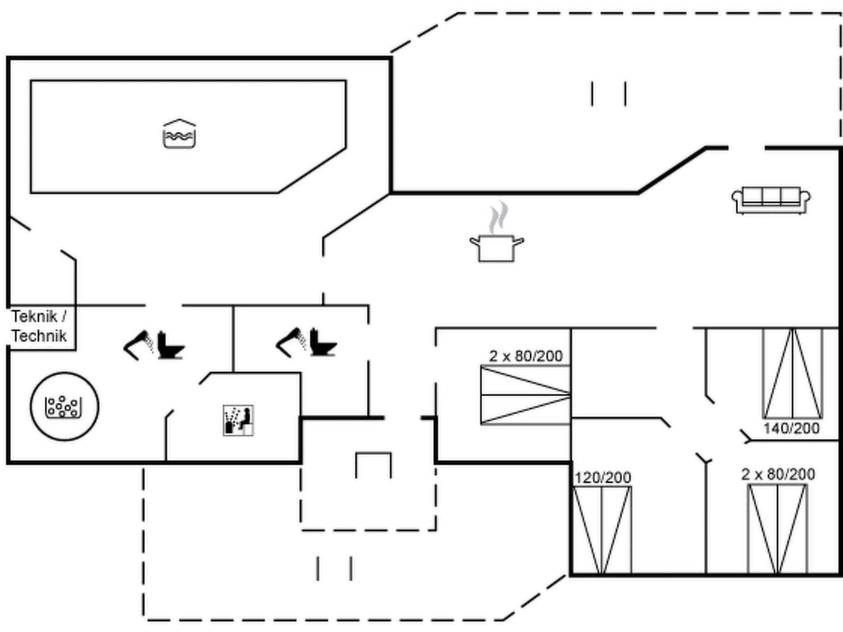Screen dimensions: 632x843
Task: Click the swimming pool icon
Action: coord(179,134)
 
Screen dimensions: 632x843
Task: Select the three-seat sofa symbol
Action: coord(771,200)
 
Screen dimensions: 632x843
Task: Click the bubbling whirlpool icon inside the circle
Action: coord(63,407)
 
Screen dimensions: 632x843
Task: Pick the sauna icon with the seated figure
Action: coord(238,421)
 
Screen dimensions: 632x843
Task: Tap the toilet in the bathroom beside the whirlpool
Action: coord(170,345)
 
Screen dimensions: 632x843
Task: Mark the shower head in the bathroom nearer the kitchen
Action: coord(291,342)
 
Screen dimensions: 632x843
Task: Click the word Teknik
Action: coord(34,316)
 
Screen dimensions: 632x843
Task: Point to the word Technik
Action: coord(39,336)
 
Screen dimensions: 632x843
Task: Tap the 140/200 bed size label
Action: coord(791,428)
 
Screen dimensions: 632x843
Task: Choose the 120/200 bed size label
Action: coord(603,478)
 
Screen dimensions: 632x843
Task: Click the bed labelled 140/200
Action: coord(793,374)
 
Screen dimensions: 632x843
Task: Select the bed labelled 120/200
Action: coord(602,530)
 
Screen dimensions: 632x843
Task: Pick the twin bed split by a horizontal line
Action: coord(526,395)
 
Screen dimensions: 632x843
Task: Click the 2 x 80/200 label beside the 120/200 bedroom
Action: coord(778,474)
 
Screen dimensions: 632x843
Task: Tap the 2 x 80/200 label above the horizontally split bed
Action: coord(526,356)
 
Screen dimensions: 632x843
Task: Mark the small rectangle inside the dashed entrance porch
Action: coord(373,465)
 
